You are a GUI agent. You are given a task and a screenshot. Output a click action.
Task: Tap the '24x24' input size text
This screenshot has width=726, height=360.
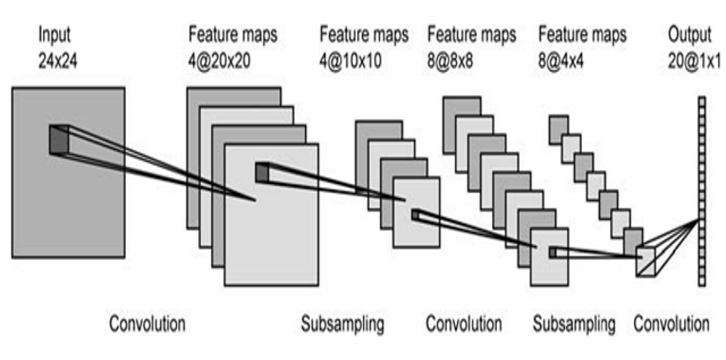click(x=58, y=60)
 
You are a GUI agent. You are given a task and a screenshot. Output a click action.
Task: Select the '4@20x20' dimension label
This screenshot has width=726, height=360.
click(x=220, y=60)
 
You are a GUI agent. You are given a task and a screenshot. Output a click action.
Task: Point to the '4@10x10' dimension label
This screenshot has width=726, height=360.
click(x=351, y=60)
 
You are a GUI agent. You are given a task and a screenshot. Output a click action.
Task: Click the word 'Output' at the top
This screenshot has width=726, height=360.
click(x=690, y=35)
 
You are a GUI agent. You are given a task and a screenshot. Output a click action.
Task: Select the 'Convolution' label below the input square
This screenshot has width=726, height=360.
click(x=147, y=323)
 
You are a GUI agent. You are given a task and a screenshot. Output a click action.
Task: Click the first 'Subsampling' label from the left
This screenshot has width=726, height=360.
click(x=343, y=324)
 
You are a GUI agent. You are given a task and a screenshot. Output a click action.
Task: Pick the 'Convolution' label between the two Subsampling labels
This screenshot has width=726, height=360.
click(x=464, y=324)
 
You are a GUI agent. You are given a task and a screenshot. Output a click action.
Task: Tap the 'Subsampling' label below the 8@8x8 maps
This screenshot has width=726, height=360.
click(x=574, y=324)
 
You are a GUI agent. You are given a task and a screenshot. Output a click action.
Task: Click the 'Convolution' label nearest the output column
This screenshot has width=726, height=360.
click(x=671, y=324)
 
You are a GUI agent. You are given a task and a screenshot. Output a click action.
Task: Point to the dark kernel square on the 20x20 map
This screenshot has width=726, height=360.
click(x=262, y=171)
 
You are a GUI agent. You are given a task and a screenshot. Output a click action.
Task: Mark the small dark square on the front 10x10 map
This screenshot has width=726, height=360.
click(x=416, y=216)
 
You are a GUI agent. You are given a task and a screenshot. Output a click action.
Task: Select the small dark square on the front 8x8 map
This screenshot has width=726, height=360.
click(x=552, y=253)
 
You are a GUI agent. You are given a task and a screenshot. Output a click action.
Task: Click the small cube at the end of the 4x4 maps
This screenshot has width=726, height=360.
click(x=646, y=260)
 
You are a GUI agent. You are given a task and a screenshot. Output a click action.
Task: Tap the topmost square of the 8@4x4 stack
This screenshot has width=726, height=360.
click(x=558, y=129)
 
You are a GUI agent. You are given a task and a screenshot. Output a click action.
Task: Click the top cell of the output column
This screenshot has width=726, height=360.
click(x=701, y=101)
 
